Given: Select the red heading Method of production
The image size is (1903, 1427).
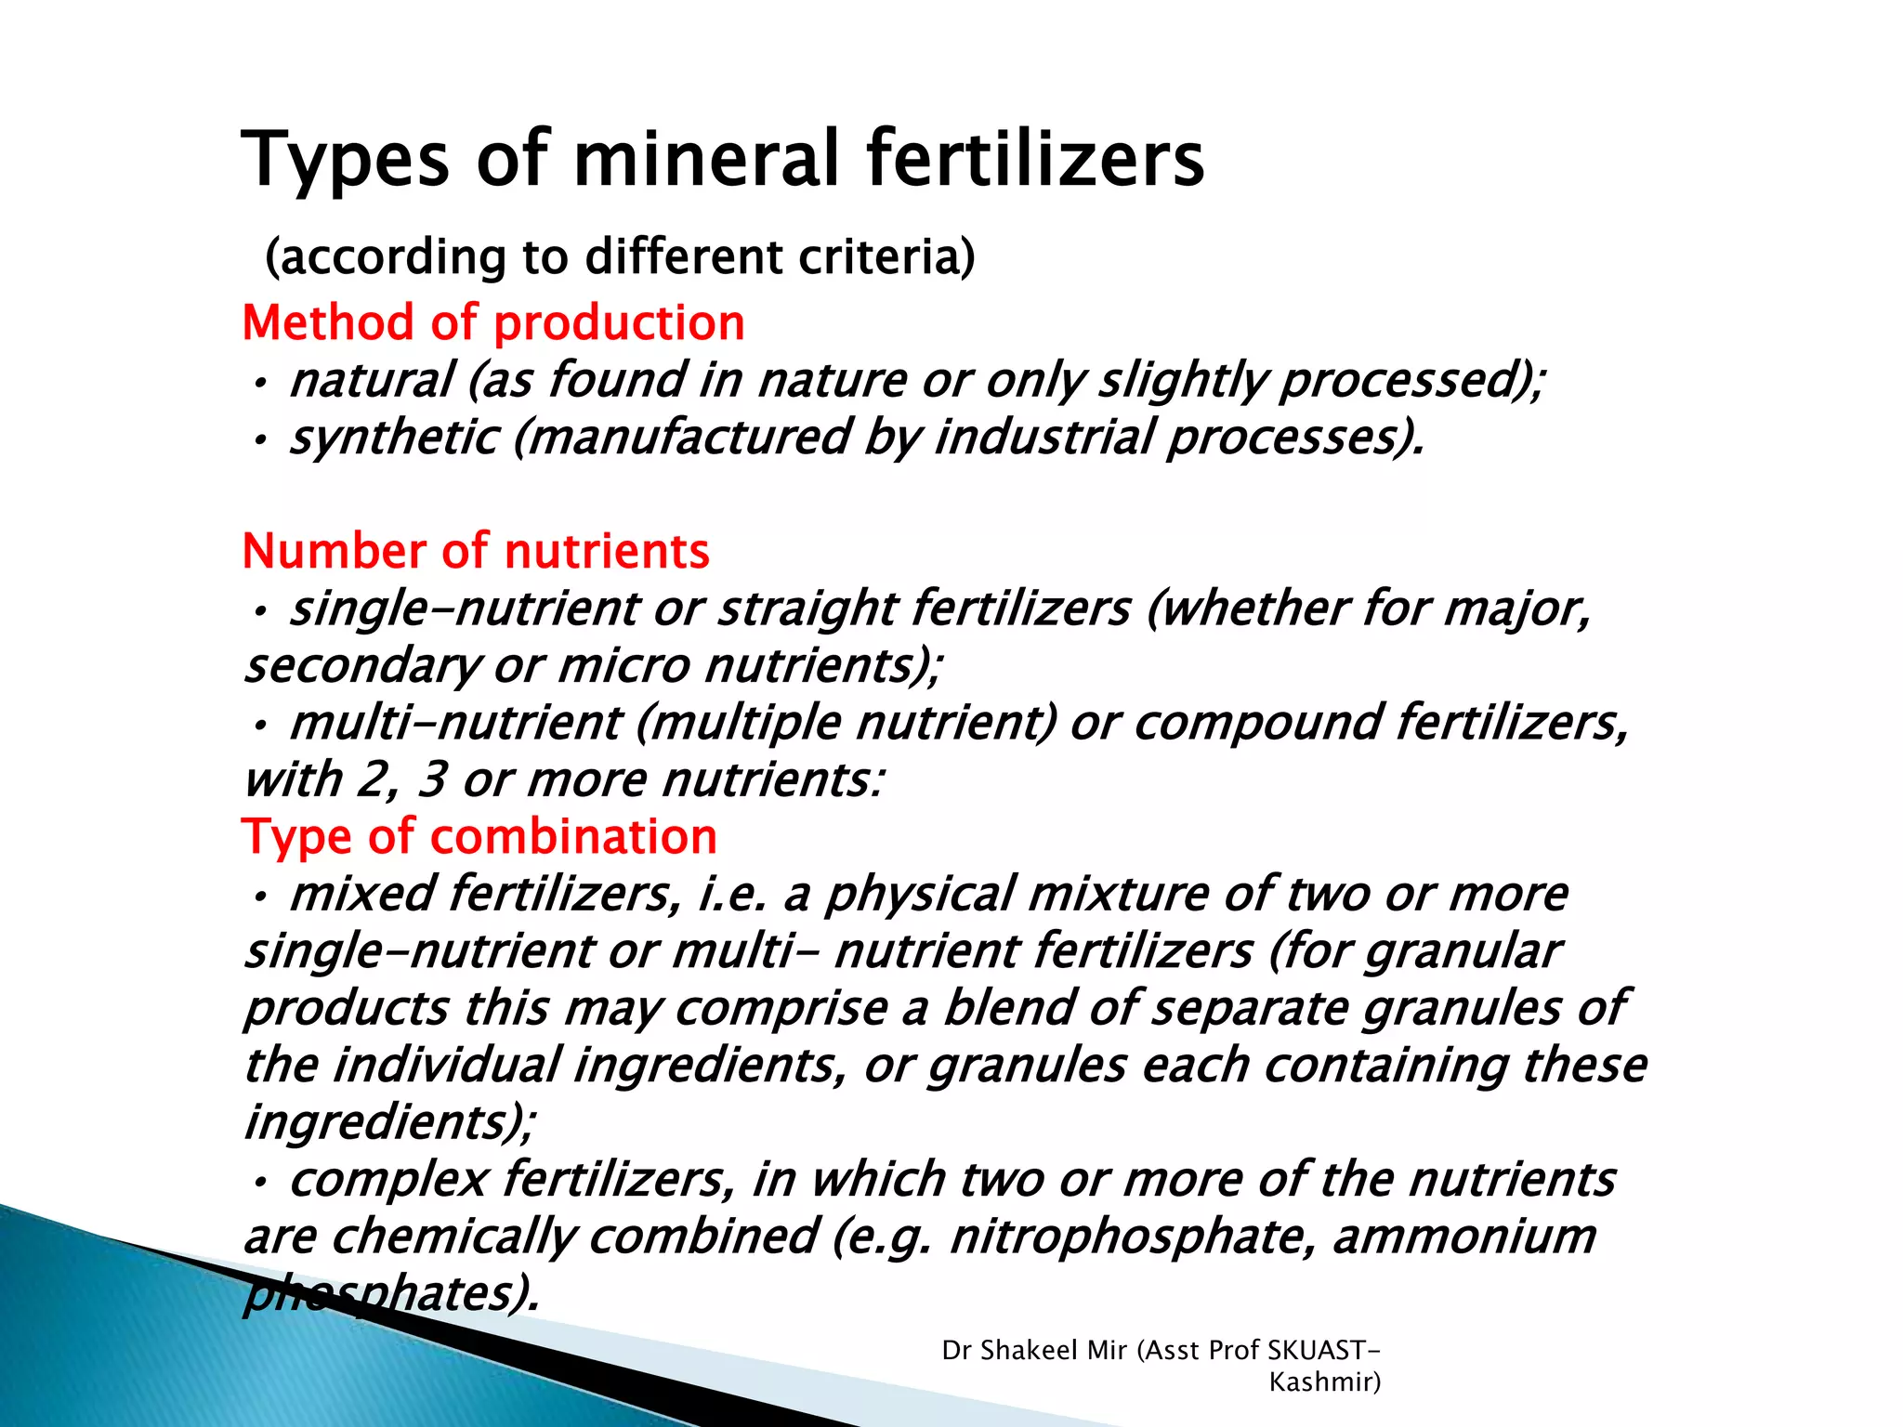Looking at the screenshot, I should (493, 323).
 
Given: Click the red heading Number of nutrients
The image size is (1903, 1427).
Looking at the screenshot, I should (476, 551).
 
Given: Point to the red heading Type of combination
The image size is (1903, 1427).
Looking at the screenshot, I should (479, 836).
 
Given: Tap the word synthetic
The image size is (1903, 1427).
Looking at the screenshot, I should (394, 438).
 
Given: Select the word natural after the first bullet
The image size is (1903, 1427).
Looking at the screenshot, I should (372, 380).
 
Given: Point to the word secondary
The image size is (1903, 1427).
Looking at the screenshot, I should (362, 666).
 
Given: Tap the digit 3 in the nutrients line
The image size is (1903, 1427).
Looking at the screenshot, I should (432, 779).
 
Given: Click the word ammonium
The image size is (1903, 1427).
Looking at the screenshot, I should (1464, 1237).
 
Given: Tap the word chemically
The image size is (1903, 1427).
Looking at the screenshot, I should (453, 1237).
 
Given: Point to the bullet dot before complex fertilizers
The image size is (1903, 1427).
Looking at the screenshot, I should (261, 1182).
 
